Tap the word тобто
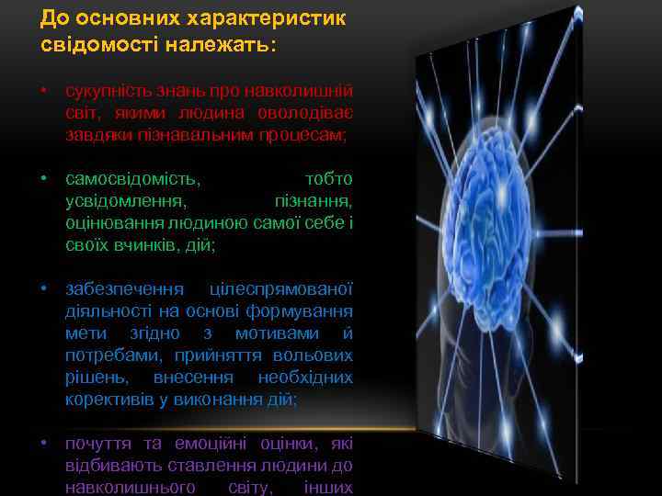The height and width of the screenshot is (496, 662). pos(328,177)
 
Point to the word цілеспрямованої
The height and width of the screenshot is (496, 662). pos(281,289)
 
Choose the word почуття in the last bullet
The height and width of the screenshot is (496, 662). pos(95,444)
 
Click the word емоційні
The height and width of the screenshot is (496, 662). pos(191,444)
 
